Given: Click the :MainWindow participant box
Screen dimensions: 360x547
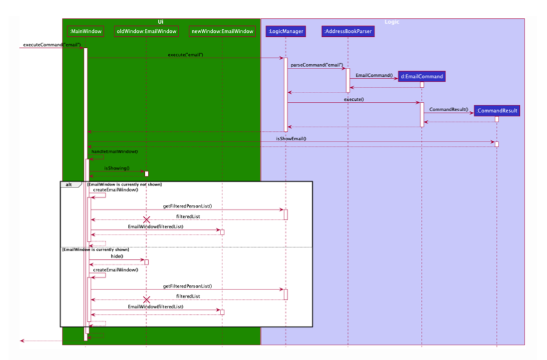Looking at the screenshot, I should pyautogui.click(x=85, y=31).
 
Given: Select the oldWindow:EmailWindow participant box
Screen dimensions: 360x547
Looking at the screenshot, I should pyautogui.click(x=146, y=31).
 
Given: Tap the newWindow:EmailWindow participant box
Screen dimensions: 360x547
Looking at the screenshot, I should pyautogui.click(x=222, y=31).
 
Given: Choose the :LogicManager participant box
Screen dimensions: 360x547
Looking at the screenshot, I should pyautogui.click(x=284, y=31).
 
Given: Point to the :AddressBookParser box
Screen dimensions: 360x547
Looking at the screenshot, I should pyautogui.click(x=347, y=31).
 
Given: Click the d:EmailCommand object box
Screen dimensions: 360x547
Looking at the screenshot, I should pyautogui.click(x=422, y=76).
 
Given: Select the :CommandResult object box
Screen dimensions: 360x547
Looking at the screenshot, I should pyautogui.click(x=497, y=111).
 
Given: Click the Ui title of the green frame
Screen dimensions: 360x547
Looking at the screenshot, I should pyautogui.click(x=160, y=22).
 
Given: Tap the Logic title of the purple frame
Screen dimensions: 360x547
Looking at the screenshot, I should pyautogui.click(x=392, y=22).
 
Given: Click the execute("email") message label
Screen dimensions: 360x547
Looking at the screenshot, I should pyautogui.click(x=186, y=55).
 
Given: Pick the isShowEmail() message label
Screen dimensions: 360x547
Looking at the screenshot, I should pyautogui.click(x=291, y=139).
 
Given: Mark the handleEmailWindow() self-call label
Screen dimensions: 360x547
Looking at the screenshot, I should pyautogui.click(x=114, y=151).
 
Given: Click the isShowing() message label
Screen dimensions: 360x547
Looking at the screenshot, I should pyautogui.click(x=117, y=168).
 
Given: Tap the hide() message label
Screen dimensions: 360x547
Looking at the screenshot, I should pyautogui.click(x=117, y=257).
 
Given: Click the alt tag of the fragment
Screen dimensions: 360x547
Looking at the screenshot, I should pyautogui.click(x=69, y=185).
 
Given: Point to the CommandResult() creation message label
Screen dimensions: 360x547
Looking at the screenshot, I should pyautogui.click(x=448, y=109).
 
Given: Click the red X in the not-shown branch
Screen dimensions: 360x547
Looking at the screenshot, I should pyautogui.click(x=146, y=220).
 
